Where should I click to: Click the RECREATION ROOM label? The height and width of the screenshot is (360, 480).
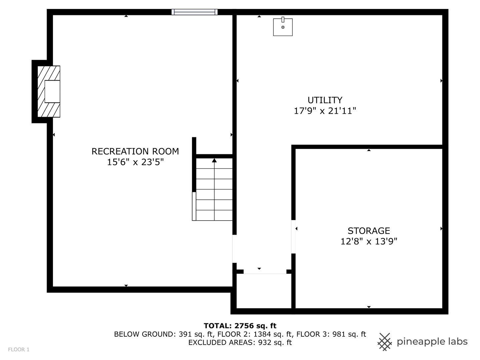click(135, 151)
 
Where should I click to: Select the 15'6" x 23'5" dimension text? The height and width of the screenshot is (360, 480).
click(135, 162)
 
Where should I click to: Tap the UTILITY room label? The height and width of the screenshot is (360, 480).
click(325, 100)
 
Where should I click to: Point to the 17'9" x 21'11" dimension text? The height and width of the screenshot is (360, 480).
click(325, 111)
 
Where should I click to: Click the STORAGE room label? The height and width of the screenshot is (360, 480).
click(369, 231)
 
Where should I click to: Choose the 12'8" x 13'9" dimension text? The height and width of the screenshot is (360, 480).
click(369, 241)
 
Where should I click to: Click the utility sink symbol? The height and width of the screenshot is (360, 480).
click(283, 27)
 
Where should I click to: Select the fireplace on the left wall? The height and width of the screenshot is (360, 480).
click(49, 91)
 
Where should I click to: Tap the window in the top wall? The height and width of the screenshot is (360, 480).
click(194, 12)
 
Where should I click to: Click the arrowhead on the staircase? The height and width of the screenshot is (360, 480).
click(214, 161)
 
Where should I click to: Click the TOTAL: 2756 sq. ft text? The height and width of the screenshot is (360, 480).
click(240, 326)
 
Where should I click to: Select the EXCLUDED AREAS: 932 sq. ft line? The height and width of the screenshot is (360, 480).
click(240, 342)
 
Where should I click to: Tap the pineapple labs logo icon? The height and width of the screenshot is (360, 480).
click(384, 342)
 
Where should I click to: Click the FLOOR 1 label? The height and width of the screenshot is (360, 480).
click(19, 349)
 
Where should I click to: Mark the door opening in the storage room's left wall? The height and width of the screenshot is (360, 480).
click(293, 237)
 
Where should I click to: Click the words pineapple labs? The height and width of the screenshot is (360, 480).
click(432, 342)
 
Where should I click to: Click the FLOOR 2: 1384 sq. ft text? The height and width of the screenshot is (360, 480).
click(255, 334)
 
